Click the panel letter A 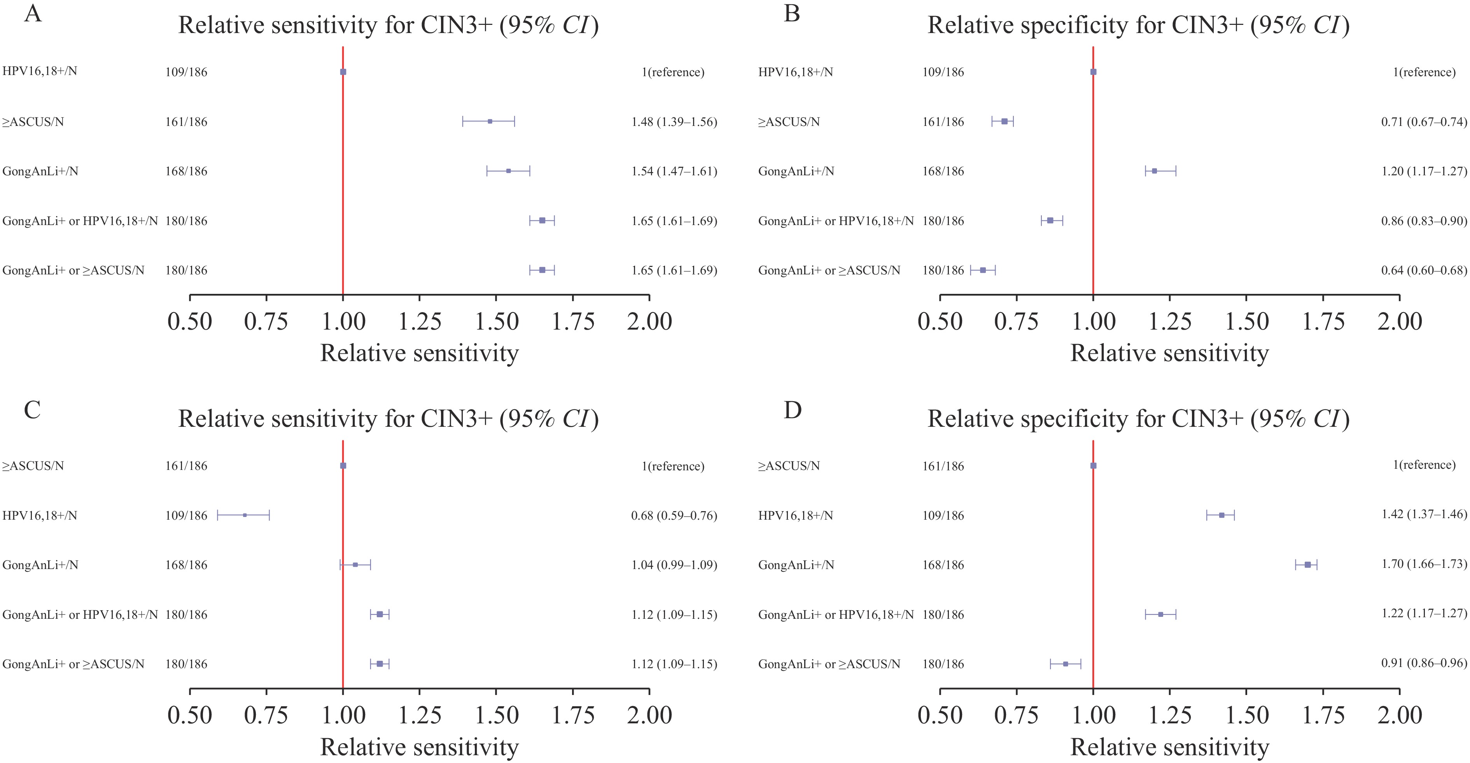(x=33, y=12)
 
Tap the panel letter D (x=793, y=409)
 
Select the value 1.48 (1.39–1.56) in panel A (x=674, y=121)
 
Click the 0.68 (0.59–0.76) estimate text (x=674, y=515)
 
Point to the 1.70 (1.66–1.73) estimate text (x=1424, y=564)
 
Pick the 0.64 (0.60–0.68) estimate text (x=1424, y=270)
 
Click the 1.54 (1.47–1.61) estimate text (x=674, y=171)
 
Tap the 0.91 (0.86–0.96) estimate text (x=1424, y=663)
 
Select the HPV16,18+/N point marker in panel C (x=245, y=515)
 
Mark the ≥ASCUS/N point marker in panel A (x=490, y=121)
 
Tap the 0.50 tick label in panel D (x=940, y=715)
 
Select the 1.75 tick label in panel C (x=573, y=715)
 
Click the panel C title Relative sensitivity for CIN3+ (x=388, y=419)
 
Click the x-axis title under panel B (x=1169, y=353)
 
